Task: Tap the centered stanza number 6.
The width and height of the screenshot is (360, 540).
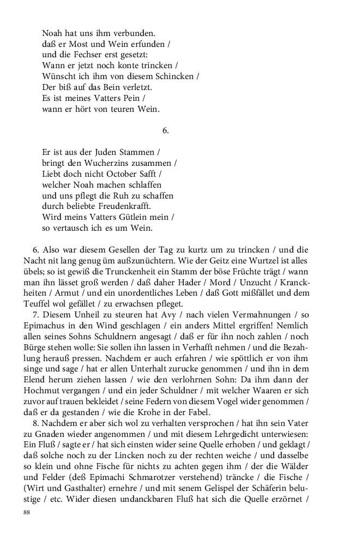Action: pos(166,130)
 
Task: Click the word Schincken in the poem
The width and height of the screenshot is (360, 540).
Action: pos(175,76)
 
